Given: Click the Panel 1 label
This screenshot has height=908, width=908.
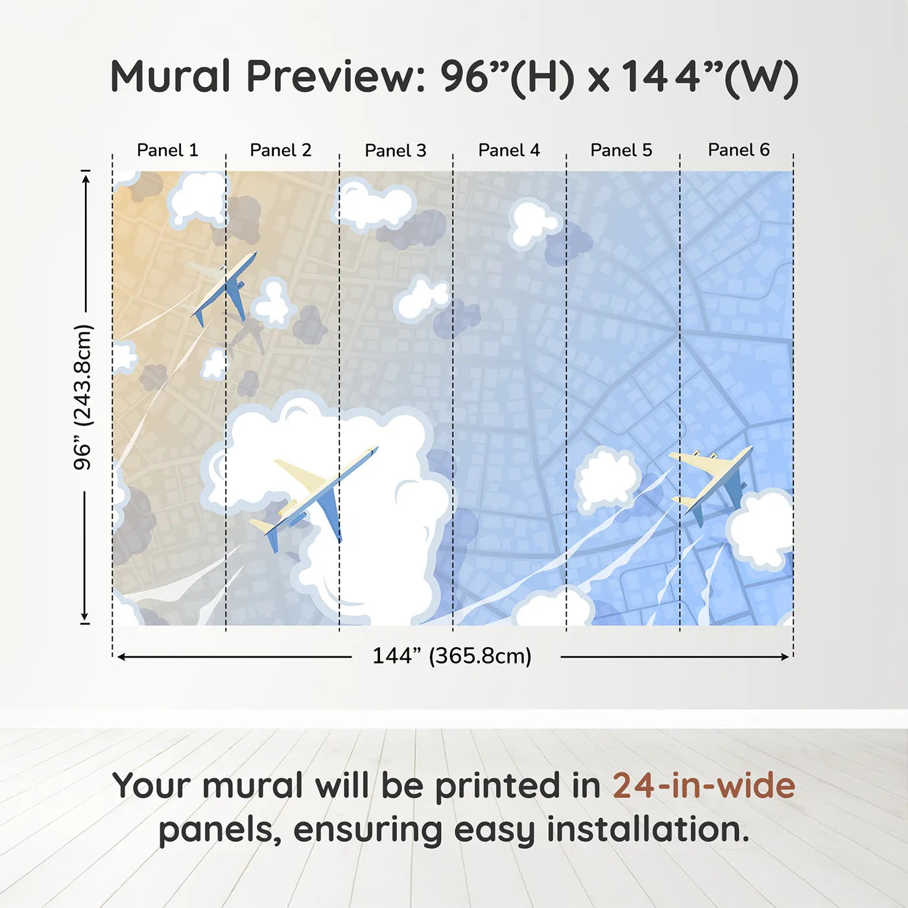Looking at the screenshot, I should pos(167,150).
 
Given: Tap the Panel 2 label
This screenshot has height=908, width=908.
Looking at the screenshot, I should pos(281,150).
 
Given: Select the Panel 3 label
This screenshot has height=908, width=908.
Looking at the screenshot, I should pos(396,150).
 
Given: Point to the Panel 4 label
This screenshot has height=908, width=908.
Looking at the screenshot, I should pos(509,150).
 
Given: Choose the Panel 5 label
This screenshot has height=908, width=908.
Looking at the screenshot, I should pos(621,150).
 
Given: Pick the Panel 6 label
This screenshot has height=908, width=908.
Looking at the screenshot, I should pos(739,150).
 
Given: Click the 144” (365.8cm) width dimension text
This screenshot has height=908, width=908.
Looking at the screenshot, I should pos(452,656).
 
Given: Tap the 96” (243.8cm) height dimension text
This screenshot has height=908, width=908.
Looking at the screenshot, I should pos(83,397).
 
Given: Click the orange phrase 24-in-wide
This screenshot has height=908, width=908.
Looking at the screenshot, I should pos(704,786).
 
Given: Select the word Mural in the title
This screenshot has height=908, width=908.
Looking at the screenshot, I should pos(170,77).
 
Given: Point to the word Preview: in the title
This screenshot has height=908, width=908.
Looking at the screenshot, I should pos(336,77).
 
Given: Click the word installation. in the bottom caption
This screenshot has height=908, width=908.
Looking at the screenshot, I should pos(647,830).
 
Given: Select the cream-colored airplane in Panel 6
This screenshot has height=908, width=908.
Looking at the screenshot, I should pos(713,480).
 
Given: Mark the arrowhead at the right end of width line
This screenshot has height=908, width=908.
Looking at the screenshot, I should pos(785,657).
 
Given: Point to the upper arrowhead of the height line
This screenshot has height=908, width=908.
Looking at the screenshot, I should pos(86,177).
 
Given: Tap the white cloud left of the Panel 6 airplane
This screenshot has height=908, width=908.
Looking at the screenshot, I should pos(607,479).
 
